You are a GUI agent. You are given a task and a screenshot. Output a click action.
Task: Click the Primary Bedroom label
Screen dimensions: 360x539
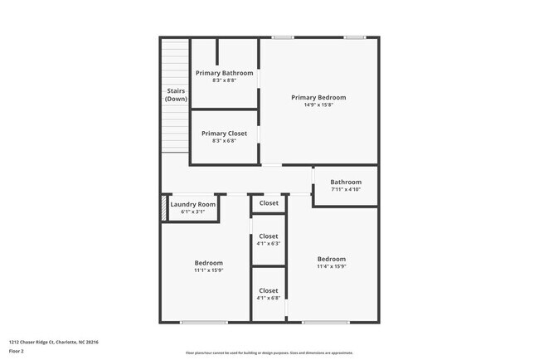point(318,97)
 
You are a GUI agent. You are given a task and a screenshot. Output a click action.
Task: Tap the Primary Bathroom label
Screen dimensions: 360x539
point(225,73)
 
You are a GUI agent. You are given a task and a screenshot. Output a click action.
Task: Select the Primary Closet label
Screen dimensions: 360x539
point(225,133)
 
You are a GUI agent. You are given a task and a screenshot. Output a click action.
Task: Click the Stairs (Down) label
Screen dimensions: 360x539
point(175,95)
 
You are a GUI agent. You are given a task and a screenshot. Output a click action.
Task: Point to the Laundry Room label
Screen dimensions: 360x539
point(192,204)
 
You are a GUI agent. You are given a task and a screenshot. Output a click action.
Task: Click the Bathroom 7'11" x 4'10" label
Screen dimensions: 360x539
point(346,182)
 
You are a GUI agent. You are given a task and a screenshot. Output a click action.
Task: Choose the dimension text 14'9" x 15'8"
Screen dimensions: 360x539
point(318,105)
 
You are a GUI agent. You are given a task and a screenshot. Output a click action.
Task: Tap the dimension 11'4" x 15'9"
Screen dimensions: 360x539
point(331,266)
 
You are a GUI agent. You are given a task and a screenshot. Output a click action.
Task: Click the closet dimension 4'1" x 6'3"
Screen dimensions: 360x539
point(269,244)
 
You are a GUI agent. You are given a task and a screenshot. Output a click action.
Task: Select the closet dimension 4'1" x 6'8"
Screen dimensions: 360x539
point(269,299)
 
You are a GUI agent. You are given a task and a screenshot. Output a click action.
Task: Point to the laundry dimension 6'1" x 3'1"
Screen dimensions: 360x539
point(192,212)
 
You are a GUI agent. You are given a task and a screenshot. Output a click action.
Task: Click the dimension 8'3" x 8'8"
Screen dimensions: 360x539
point(225,81)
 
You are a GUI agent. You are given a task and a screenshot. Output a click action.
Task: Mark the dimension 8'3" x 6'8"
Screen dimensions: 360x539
point(225,141)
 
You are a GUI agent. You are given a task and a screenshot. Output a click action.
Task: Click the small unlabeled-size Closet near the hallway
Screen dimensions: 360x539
point(269,202)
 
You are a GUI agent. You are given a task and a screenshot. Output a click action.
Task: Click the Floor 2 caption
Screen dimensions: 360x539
point(17,351)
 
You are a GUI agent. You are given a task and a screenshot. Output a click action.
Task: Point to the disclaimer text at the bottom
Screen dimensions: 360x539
point(269,353)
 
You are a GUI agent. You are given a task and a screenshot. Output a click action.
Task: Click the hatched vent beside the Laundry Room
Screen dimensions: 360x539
point(163,207)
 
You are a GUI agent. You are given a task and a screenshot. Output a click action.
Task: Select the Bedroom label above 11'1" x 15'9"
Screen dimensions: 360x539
point(209,263)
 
